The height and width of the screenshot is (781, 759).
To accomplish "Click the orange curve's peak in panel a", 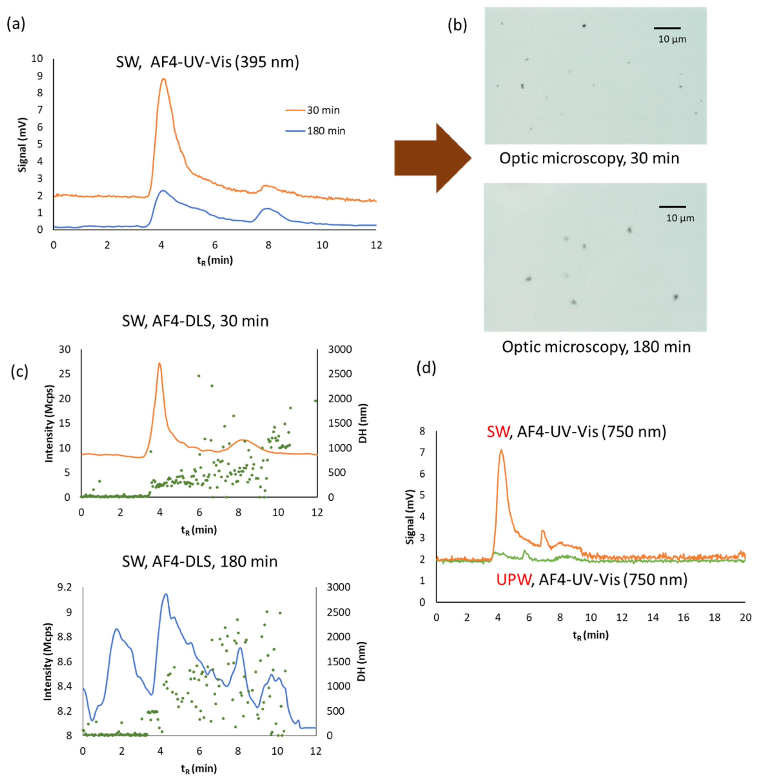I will [163, 79].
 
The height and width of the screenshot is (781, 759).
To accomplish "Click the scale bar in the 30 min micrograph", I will [667, 28].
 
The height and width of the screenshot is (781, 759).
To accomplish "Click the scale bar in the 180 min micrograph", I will [672, 207].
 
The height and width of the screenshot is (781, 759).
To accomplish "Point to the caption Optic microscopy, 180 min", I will [596, 347].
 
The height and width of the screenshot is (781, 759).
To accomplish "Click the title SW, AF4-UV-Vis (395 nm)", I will [207, 62].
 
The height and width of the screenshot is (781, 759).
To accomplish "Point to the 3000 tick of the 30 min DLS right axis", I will [340, 349].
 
